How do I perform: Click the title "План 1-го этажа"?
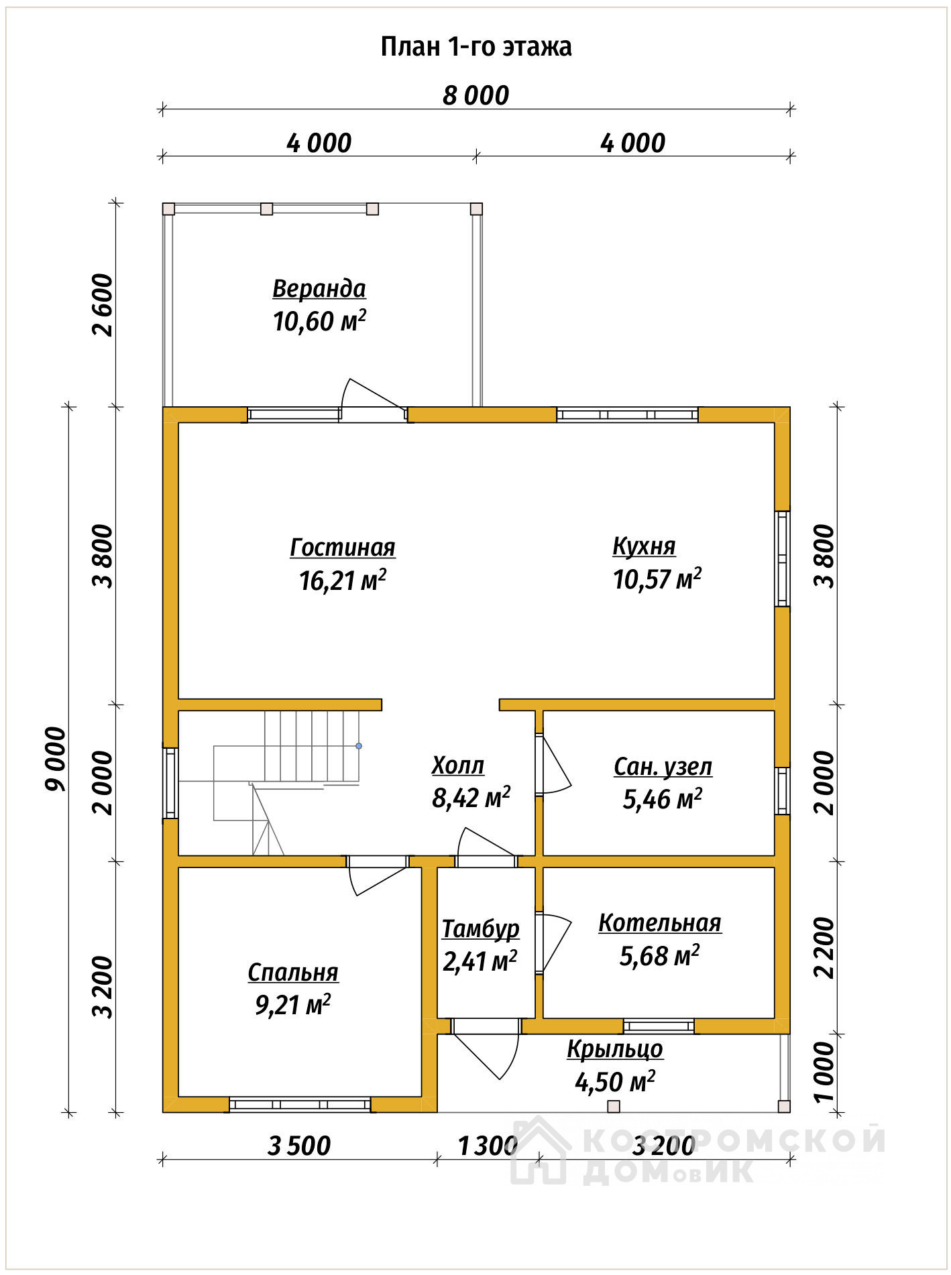[x=476, y=47]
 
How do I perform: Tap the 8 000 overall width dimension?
[x=475, y=96]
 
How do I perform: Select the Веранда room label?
[x=319, y=289]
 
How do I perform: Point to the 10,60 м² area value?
[x=319, y=321]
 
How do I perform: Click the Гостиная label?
[x=343, y=548]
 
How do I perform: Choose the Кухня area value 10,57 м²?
[x=657, y=579]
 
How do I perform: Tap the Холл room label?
[x=458, y=766]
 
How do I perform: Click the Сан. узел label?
[x=663, y=767]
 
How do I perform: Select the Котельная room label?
[x=660, y=923]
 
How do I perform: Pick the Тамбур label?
[x=481, y=929]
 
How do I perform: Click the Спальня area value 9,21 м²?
[x=293, y=1005]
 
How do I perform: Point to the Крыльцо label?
[x=615, y=1049]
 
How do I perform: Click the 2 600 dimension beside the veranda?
[x=104, y=305]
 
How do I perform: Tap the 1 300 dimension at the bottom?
[x=488, y=1146]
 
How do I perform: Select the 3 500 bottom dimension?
[x=299, y=1146]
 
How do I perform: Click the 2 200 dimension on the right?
[x=824, y=948]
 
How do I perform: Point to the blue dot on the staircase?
[x=359, y=746]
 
